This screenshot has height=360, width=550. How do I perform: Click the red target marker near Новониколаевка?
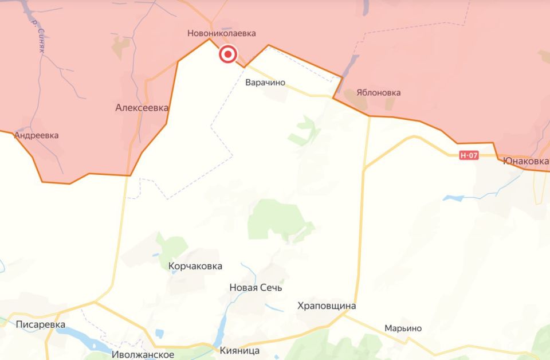click(x=228, y=54)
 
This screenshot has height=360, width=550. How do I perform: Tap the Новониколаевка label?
click(x=221, y=34)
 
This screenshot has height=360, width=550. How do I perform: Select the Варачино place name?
click(x=265, y=83)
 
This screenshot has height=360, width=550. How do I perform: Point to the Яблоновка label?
click(x=378, y=92)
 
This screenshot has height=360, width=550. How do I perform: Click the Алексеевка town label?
click(x=142, y=107)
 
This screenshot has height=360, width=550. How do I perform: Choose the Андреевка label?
click(x=37, y=136)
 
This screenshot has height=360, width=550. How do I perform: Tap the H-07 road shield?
click(x=469, y=155)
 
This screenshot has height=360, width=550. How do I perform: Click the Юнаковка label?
click(x=525, y=161)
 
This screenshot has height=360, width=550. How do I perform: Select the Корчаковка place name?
click(x=195, y=266)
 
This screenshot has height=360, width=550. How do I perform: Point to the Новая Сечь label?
click(x=256, y=288)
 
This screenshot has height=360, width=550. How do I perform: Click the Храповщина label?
click(x=327, y=306)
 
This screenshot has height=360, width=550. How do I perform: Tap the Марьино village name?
click(x=403, y=328)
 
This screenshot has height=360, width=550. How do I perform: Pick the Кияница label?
click(x=240, y=350)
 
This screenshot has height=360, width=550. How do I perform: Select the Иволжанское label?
click(x=143, y=355)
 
